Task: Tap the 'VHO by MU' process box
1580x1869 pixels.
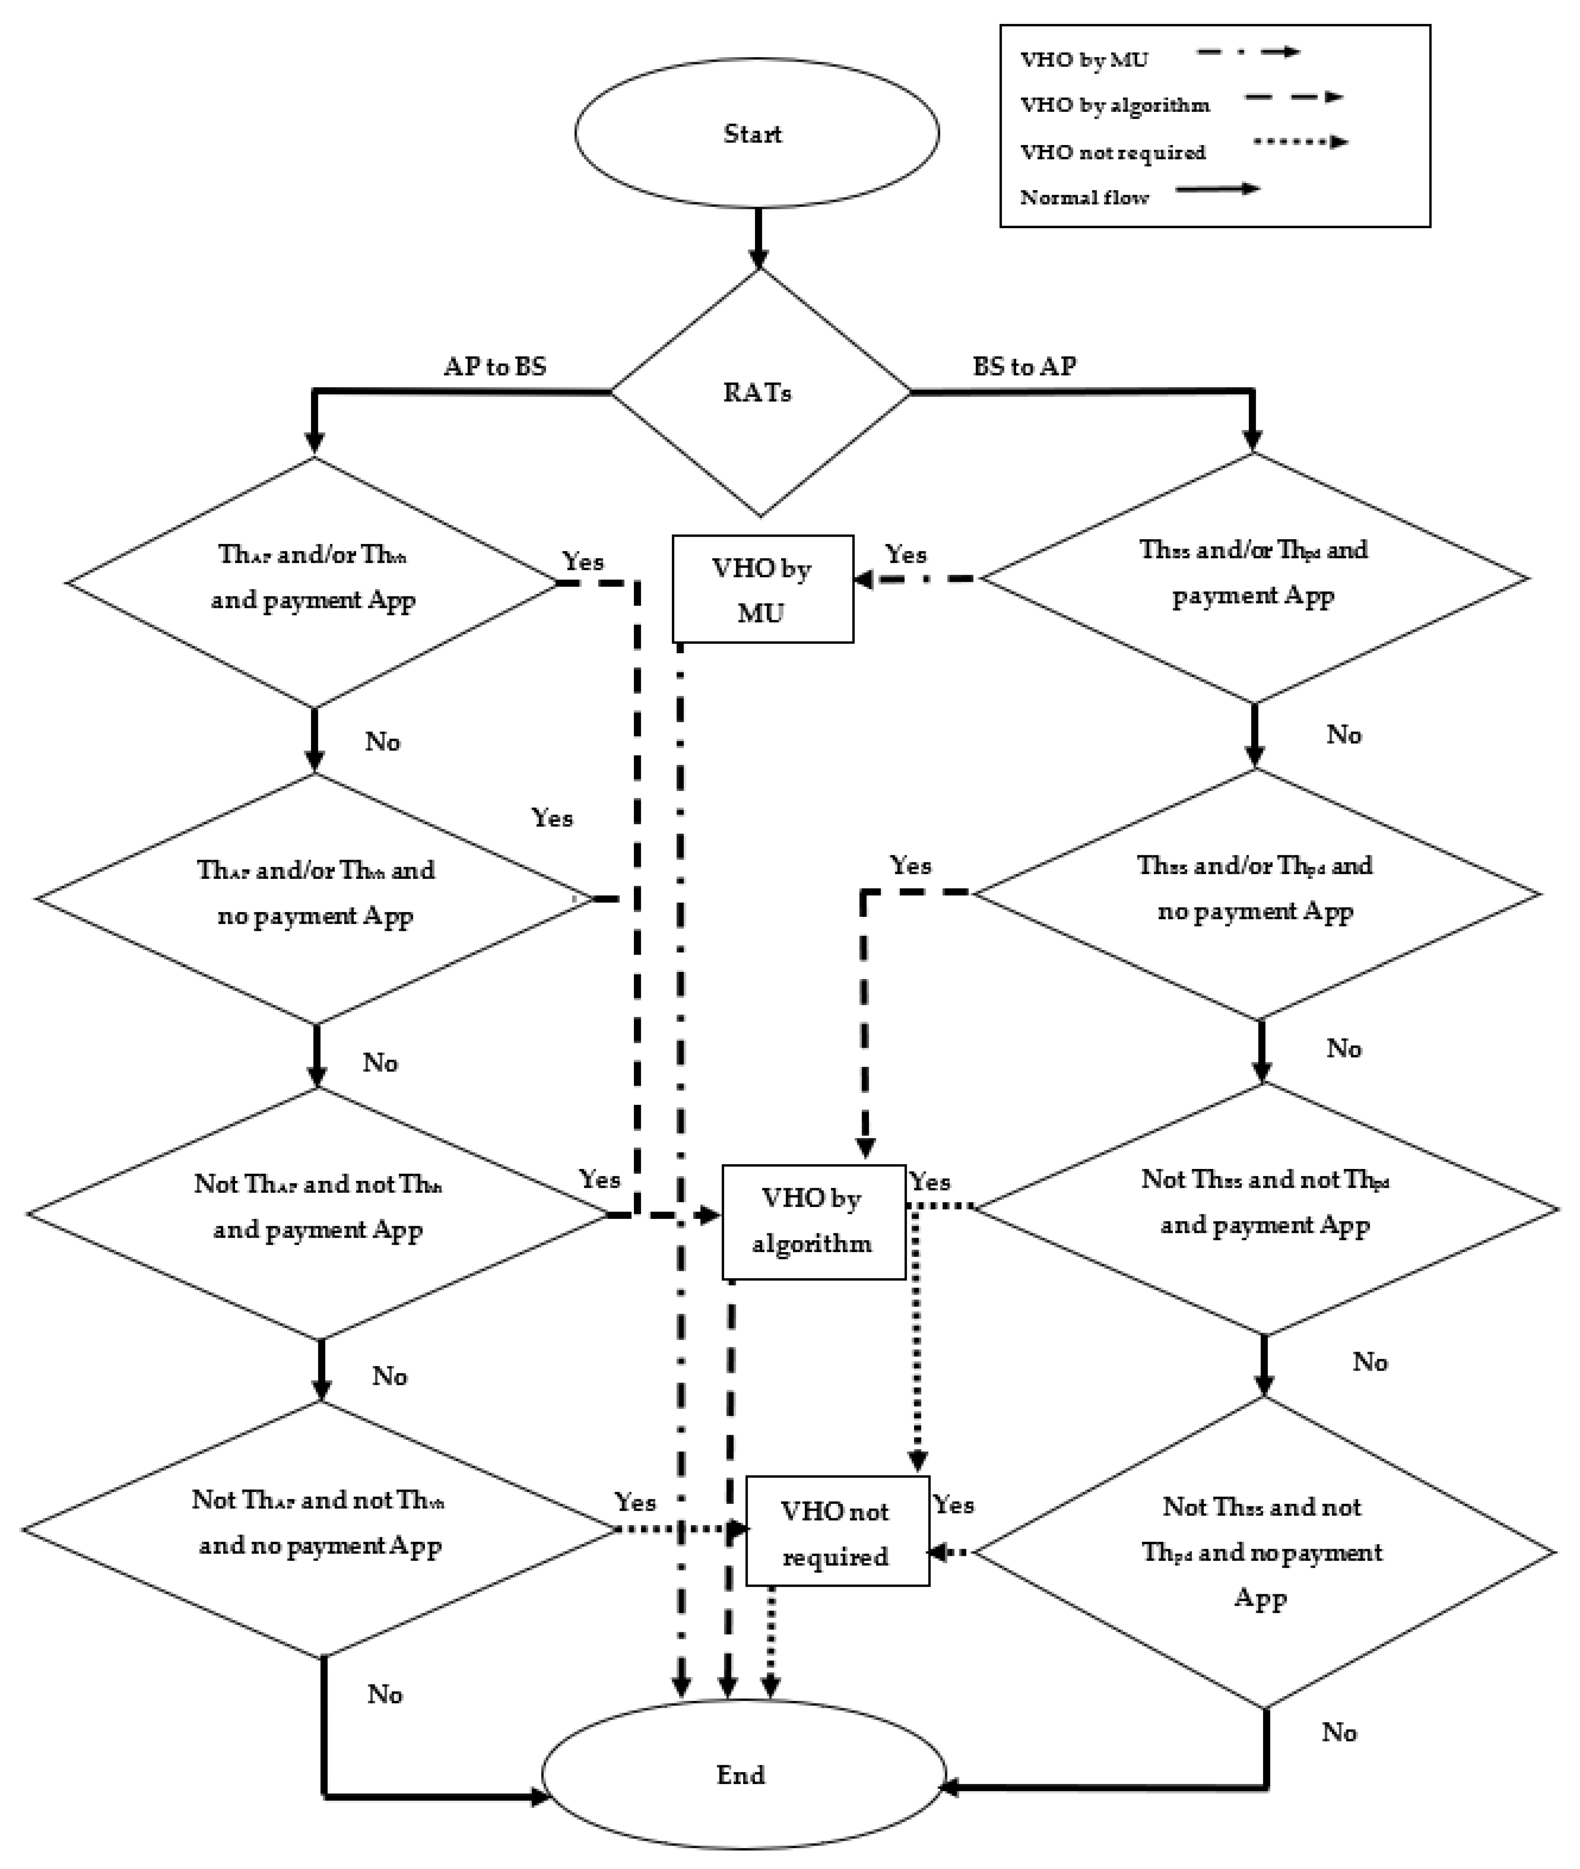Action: click(x=762, y=589)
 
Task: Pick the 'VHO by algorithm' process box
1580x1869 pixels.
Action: click(x=813, y=1221)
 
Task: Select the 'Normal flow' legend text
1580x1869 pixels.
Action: click(x=1084, y=197)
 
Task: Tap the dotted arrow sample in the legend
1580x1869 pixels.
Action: click(x=1301, y=142)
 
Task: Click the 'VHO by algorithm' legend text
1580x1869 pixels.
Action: click(x=1115, y=105)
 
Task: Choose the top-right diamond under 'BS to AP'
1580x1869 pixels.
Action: click(x=1254, y=578)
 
